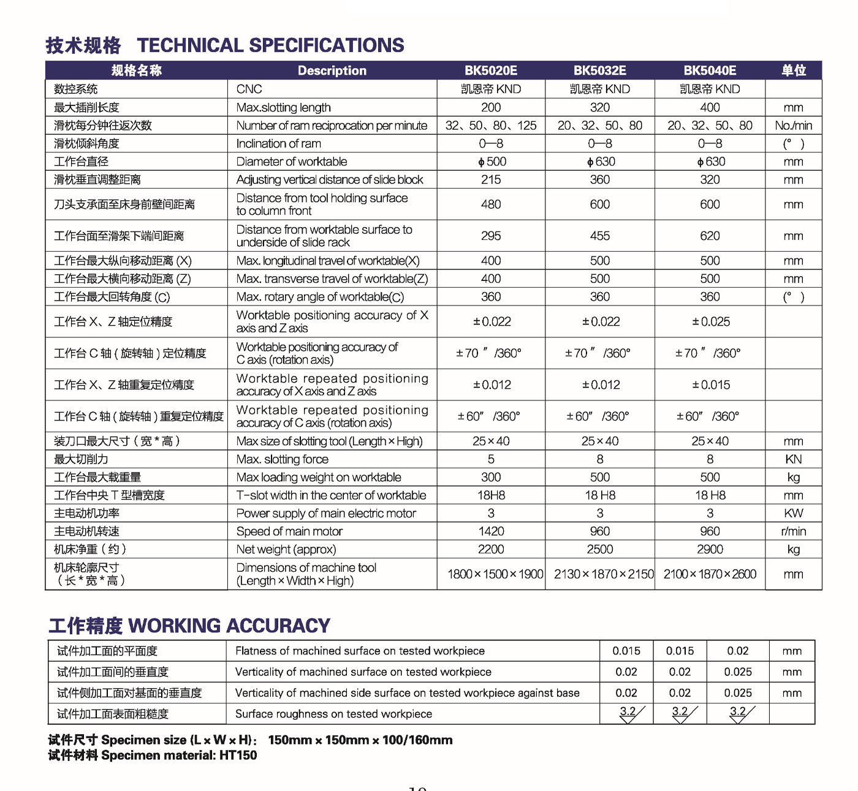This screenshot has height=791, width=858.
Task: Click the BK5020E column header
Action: (x=490, y=70)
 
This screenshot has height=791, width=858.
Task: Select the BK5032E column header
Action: (x=599, y=70)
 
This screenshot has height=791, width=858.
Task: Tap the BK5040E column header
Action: (x=710, y=70)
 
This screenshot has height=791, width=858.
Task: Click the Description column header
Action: (x=332, y=70)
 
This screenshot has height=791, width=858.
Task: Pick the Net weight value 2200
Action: (x=490, y=549)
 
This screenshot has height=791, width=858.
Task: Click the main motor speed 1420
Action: (x=490, y=531)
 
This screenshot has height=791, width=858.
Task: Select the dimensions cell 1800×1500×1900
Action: (x=495, y=574)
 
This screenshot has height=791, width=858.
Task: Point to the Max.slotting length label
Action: (x=283, y=108)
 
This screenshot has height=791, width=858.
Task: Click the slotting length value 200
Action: (x=490, y=108)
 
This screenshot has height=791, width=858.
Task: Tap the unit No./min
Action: (x=793, y=126)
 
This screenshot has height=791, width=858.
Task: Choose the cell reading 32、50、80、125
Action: (x=490, y=126)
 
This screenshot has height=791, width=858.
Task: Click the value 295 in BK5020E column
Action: (x=490, y=236)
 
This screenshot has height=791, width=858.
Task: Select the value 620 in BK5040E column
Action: (x=710, y=236)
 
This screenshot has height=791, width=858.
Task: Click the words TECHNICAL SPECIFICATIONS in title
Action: (x=270, y=45)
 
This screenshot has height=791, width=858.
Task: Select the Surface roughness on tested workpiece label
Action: (x=333, y=714)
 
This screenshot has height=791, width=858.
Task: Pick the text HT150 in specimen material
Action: (x=238, y=755)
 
